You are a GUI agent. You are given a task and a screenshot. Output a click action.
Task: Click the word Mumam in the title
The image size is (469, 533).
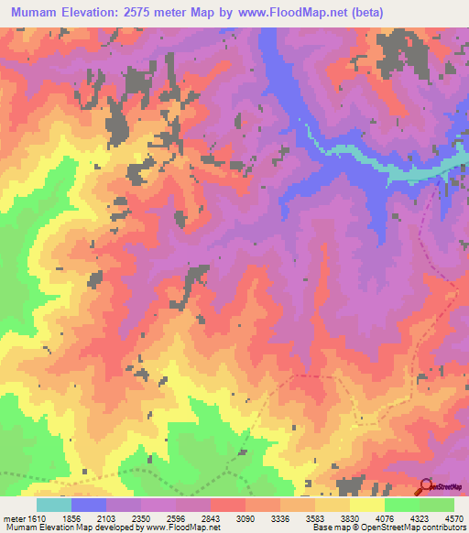(x=34, y=12)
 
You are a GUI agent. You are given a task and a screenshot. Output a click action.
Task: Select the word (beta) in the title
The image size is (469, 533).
(x=364, y=12)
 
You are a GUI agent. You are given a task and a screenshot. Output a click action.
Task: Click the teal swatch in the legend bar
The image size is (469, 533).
(x=54, y=505)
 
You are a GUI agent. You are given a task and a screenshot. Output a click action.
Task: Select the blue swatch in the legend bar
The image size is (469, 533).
(x=89, y=505)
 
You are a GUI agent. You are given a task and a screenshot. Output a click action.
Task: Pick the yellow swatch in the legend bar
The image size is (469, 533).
(x=366, y=505)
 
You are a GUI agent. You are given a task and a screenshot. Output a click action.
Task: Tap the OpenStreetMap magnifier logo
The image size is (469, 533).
(x=425, y=487)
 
